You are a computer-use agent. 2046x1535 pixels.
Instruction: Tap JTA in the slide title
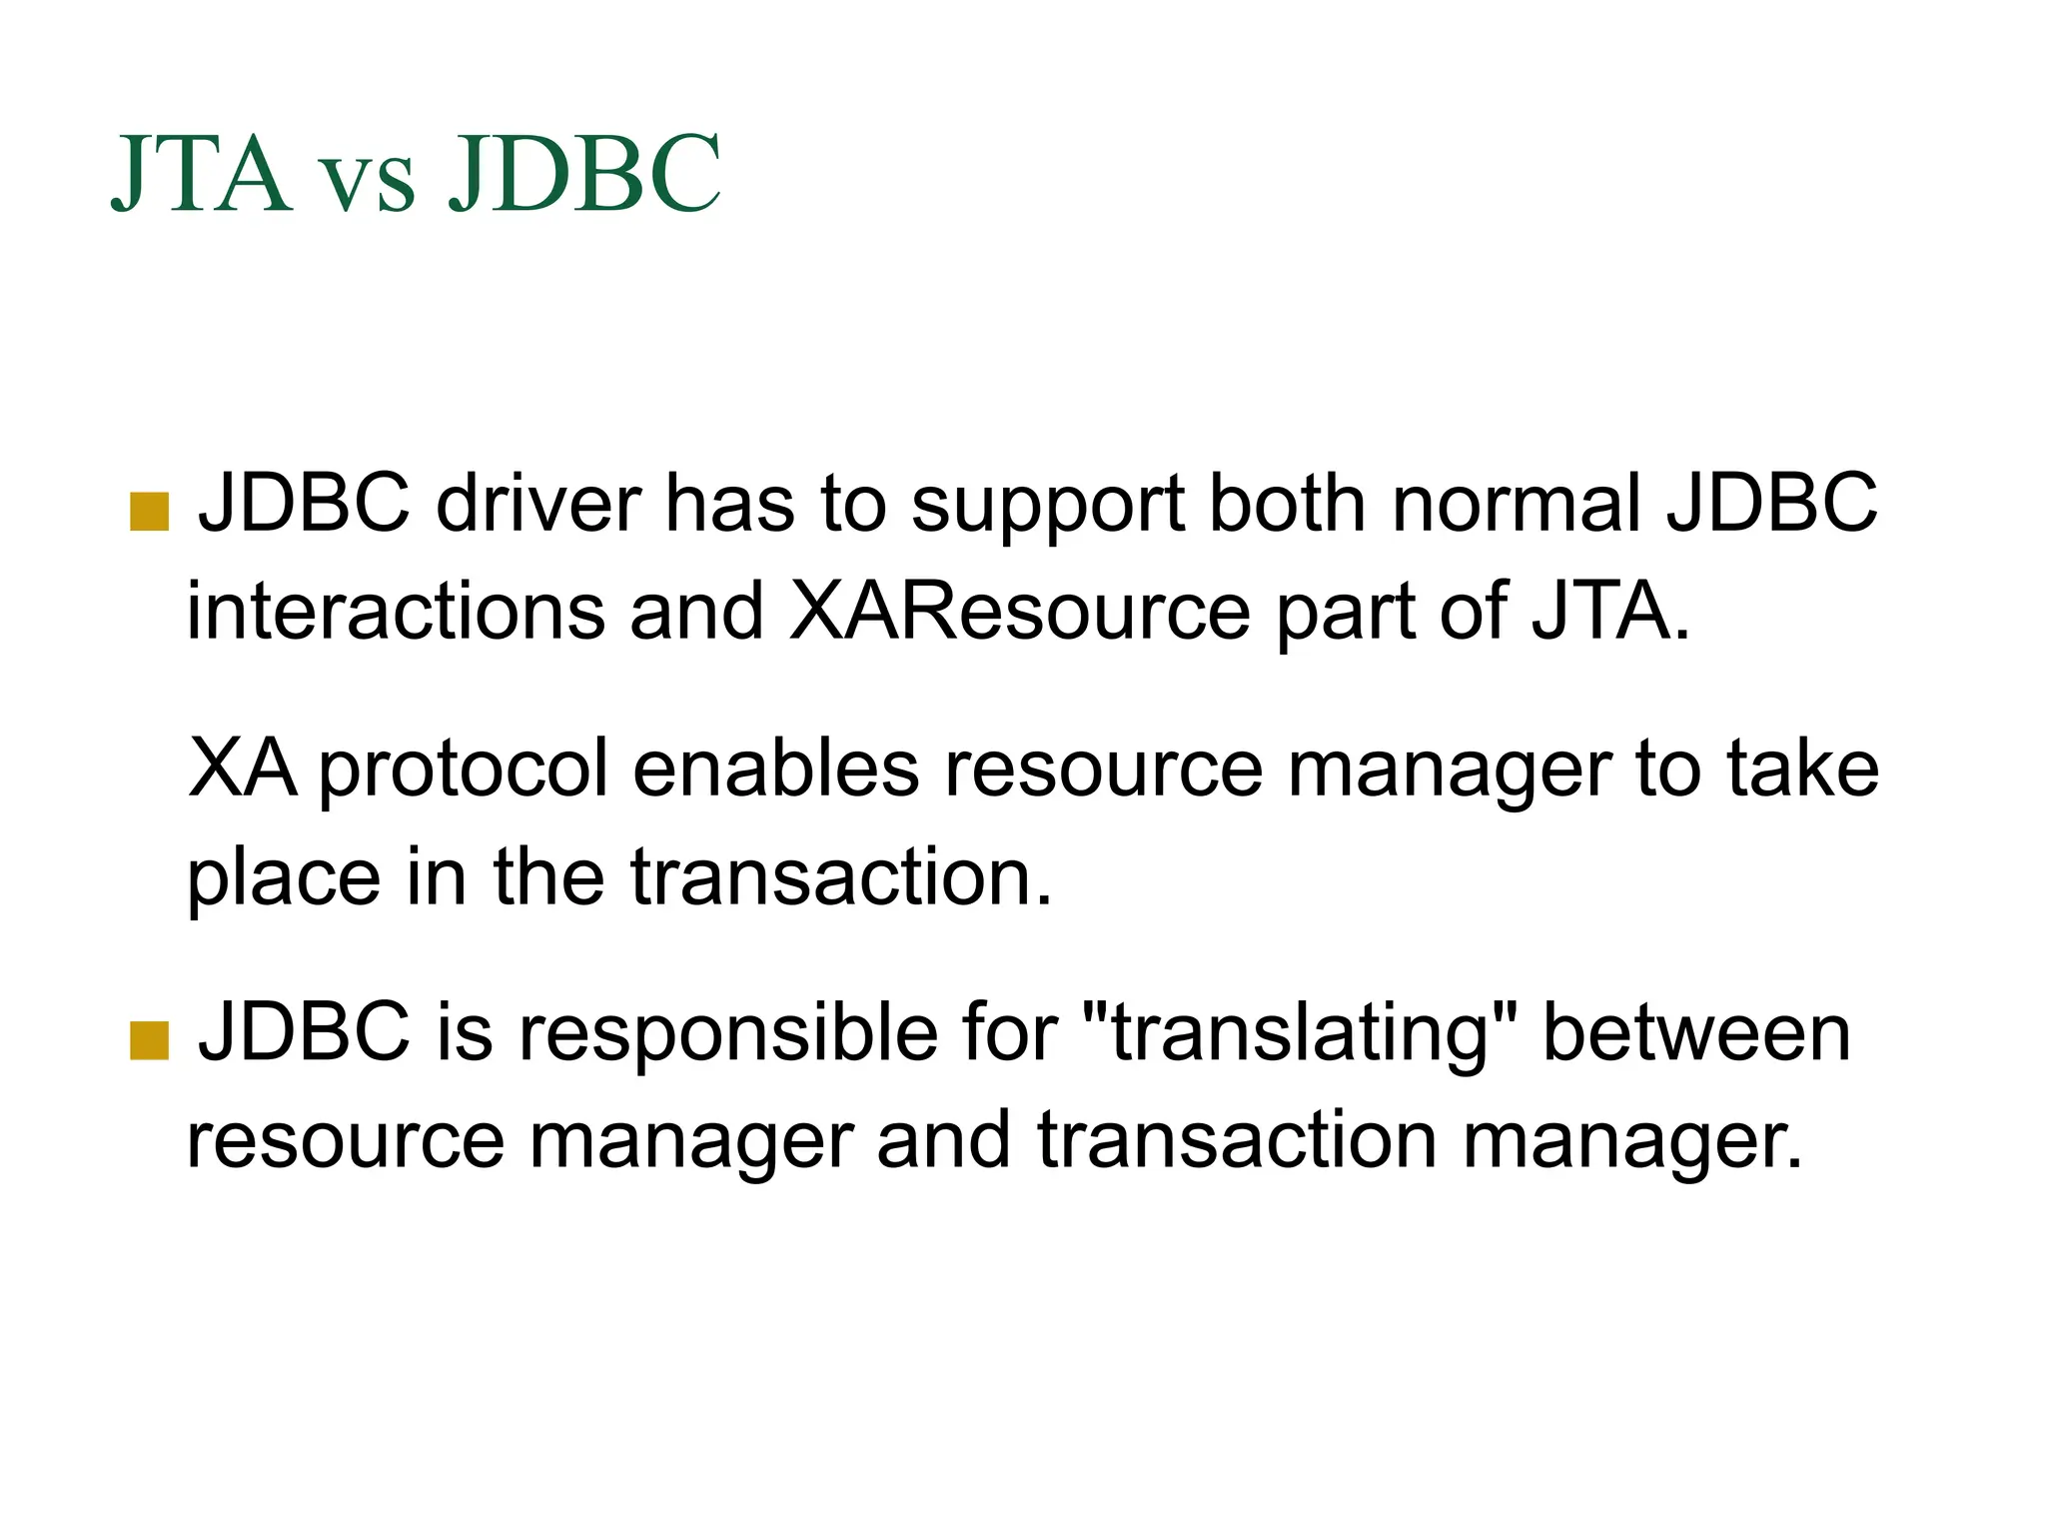202,174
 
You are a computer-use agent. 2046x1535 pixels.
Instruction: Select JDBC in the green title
584,174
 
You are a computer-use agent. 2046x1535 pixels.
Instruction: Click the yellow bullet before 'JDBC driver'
149,512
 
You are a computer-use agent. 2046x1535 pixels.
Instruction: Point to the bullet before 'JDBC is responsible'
149,1040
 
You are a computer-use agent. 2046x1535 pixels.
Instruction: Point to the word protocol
464,771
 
